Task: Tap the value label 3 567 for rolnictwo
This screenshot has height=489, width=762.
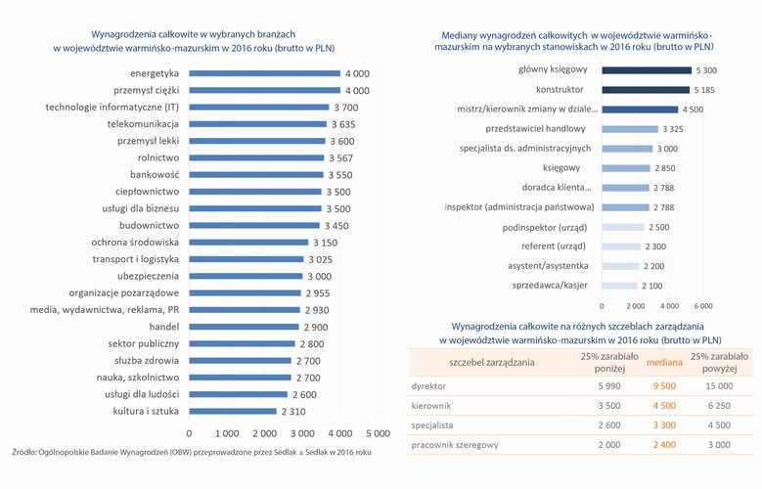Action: (339, 157)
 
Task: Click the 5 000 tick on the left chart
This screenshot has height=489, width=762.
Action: (378, 432)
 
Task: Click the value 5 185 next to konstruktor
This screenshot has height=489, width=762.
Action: (704, 90)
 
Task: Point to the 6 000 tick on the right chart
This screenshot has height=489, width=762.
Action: (702, 306)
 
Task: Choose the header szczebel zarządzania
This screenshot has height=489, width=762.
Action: (491, 362)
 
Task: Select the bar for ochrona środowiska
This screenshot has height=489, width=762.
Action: (247, 242)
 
